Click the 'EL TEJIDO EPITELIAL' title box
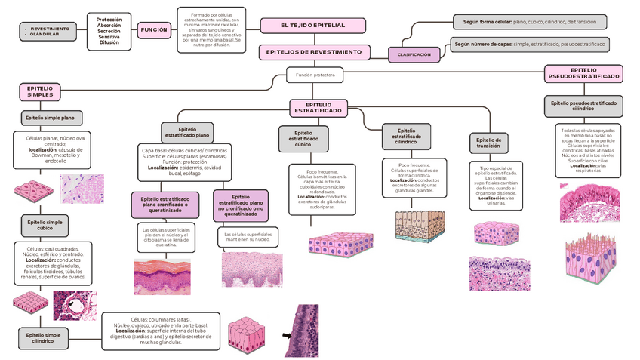tap(312, 26)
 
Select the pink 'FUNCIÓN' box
tap(154, 30)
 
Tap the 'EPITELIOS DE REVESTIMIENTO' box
tap(314, 52)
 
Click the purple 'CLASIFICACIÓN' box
tap(414, 55)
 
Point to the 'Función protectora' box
tap(315, 75)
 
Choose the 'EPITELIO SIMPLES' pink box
tap(40, 92)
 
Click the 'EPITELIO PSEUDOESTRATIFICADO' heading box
tap(583, 73)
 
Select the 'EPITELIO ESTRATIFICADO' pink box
tap(318, 107)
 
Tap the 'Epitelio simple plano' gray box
tap(50, 118)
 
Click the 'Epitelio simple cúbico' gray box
tap(45, 225)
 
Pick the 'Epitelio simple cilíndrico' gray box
tap(43, 338)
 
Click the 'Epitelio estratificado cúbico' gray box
tap(303, 140)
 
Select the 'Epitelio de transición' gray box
tap(488, 143)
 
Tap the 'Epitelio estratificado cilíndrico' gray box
tap(407, 136)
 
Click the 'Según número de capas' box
tap(529, 45)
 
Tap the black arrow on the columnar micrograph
tap(288, 335)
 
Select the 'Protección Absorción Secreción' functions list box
tap(109, 30)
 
